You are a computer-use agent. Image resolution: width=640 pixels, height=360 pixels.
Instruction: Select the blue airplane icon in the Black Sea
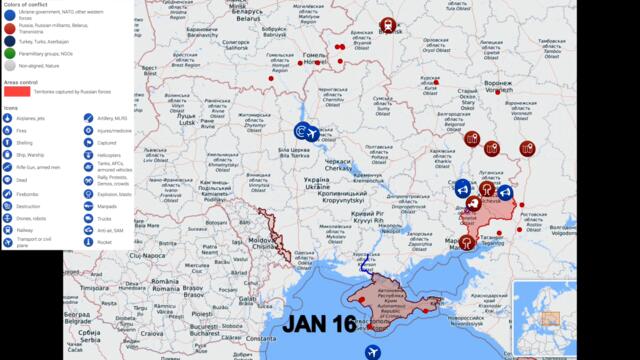coord(373,351)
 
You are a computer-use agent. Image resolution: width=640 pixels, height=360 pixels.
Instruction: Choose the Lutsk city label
coord(187,118)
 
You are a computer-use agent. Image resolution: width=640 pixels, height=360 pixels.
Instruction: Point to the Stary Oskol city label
coord(466,99)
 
